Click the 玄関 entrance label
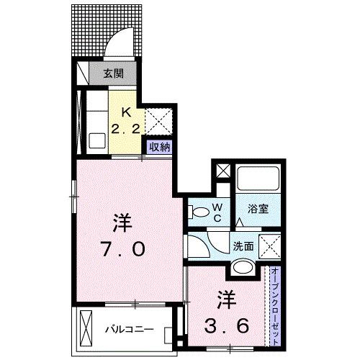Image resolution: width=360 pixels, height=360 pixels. pos(112,72)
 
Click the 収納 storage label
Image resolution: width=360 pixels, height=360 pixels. pos(159,147)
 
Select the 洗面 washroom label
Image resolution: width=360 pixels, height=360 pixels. pos(242,246)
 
